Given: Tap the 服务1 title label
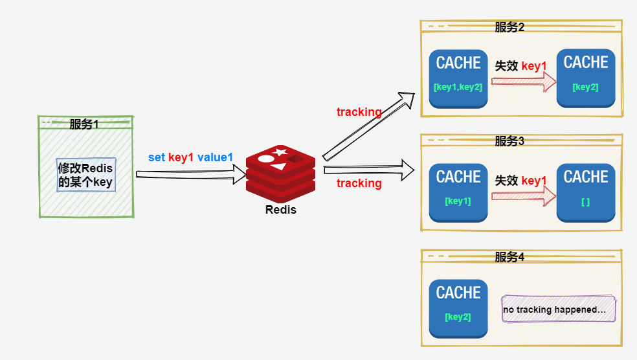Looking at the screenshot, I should tap(84, 124).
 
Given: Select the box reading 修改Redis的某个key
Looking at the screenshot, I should tap(85, 175).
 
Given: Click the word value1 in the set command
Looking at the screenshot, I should tap(215, 157).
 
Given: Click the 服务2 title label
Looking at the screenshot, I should tap(509, 27).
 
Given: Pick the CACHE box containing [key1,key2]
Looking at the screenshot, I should tap(458, 78).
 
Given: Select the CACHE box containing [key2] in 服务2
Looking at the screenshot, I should tap(586, 78).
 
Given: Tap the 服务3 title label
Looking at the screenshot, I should tap(509, 141).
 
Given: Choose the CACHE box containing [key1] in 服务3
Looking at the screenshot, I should tap(458, 192).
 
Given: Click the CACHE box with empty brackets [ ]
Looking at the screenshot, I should tap(586, 192).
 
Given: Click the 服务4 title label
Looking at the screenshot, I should tap(509, 257).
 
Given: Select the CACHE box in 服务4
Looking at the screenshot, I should tap(458, 308).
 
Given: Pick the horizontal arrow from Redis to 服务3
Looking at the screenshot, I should tap(368, 170).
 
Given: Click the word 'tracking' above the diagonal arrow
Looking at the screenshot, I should tap(359, 112).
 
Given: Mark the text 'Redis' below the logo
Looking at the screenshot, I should tap(281, 209).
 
